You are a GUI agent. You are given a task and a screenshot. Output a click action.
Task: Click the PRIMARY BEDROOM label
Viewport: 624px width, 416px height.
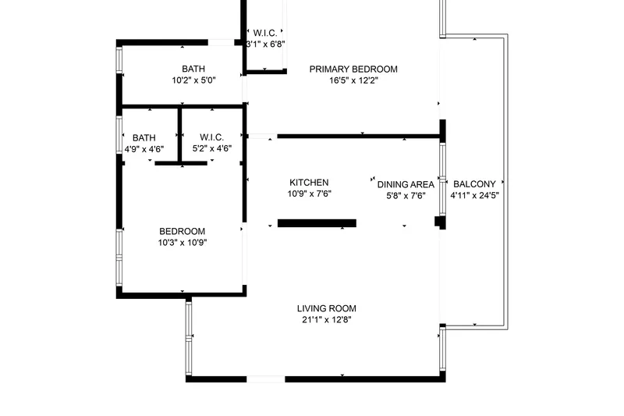(353, 69)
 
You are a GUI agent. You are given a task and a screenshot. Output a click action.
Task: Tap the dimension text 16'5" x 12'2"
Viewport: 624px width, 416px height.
(353, 80)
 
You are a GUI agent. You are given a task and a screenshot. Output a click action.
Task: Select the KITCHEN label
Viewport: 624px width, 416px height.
(309, 183)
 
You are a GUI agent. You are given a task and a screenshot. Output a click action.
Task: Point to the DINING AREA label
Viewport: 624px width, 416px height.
(406, 185)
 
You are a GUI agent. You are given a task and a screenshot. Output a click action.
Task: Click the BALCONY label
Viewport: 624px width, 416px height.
(474, 184)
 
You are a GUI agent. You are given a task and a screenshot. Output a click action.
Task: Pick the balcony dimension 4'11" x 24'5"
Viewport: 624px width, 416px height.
(474, 195)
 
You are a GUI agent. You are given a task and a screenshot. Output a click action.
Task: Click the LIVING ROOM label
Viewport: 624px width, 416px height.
(327, 308)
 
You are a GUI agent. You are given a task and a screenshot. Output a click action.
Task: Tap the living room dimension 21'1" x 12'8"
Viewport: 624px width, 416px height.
(327, 320)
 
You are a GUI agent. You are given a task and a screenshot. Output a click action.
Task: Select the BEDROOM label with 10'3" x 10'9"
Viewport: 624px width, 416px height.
(183, 231)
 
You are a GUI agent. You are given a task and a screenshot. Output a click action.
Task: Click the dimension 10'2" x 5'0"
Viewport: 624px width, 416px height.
(193, 80)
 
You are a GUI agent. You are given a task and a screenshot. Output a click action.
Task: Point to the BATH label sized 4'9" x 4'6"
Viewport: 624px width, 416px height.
(144, 138)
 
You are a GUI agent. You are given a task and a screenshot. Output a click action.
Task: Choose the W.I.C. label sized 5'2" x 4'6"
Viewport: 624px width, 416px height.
(211, 137)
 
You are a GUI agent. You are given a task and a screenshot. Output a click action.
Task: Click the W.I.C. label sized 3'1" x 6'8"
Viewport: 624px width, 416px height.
(265, 33)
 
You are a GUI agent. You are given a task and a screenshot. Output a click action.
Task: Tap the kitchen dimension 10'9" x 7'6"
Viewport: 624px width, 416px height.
(309, 194)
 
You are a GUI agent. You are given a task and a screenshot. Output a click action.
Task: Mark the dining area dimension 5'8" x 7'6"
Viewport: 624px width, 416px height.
(406, 196)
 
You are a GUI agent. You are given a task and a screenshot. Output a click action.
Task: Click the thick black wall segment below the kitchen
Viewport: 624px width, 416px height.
(317, 223)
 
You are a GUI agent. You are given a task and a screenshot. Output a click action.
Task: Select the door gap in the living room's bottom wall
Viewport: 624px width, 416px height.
(266, 379)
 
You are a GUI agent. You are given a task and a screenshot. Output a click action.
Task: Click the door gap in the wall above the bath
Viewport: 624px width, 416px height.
(222, 43)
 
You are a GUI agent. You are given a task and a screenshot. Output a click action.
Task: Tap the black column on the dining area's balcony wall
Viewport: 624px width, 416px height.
(440, 222)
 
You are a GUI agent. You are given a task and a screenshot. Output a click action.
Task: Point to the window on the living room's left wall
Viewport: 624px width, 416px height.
(189, 338)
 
